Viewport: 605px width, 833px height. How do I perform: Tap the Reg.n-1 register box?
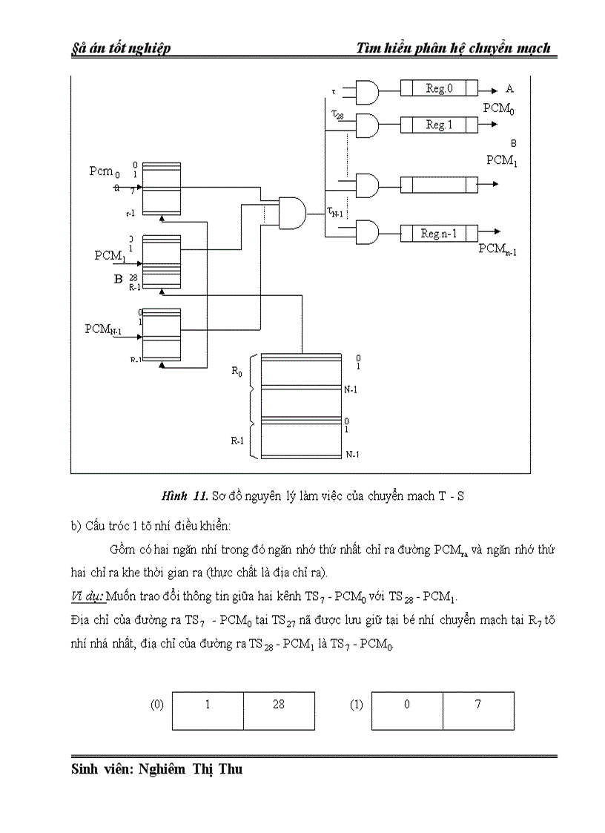click(x=439, y=234)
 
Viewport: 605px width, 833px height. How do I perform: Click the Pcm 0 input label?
click(x=105, y=172)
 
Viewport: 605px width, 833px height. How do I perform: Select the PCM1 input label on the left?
click(x=108, y=256)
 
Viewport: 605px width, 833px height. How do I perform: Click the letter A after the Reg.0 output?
click(x=509, y=88)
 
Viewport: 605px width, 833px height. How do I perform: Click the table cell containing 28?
click(x=279, y=705)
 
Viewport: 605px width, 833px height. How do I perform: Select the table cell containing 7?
click(x=478, y=705)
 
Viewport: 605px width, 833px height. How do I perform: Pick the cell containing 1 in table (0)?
click(x=208, y=705)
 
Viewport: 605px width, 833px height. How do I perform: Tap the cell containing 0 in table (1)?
click(x=407, y=705)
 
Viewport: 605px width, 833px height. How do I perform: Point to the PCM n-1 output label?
click(x=497, y=249)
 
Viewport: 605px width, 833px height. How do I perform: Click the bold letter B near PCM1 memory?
click(x=117, y=279)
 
